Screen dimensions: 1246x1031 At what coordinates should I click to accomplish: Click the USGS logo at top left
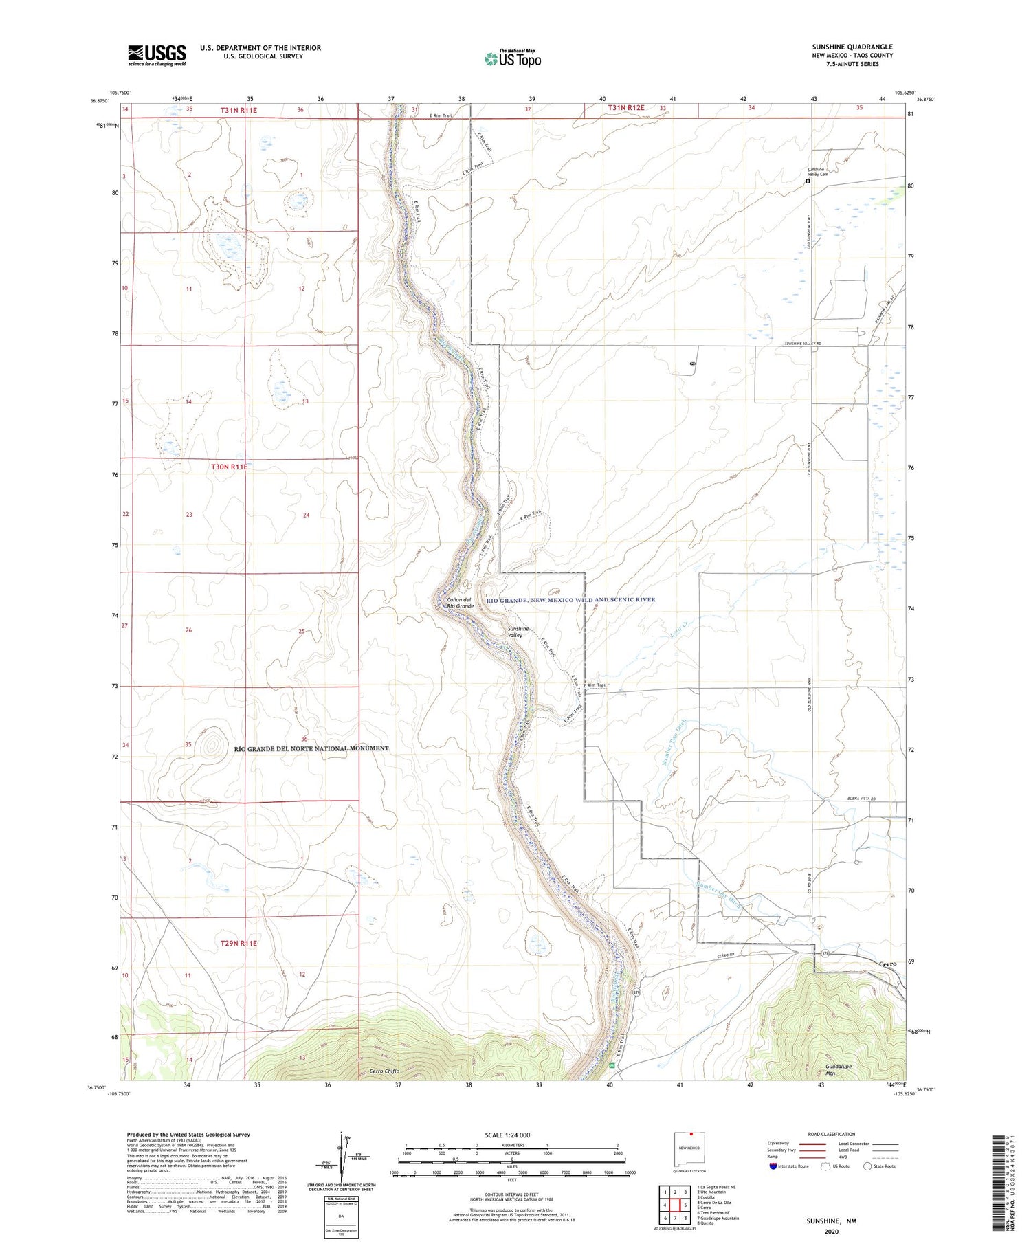(157, 55)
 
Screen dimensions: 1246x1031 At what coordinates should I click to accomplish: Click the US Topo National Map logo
(512, 58)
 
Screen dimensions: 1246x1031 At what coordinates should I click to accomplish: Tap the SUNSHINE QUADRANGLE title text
(852, 47)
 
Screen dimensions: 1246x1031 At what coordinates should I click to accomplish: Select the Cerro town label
(887, 964)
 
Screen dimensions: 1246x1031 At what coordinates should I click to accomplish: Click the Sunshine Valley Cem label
(817, 172)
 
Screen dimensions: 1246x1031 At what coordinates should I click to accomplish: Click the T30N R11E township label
(229, 467)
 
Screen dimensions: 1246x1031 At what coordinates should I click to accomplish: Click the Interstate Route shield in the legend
(773, 1166)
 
